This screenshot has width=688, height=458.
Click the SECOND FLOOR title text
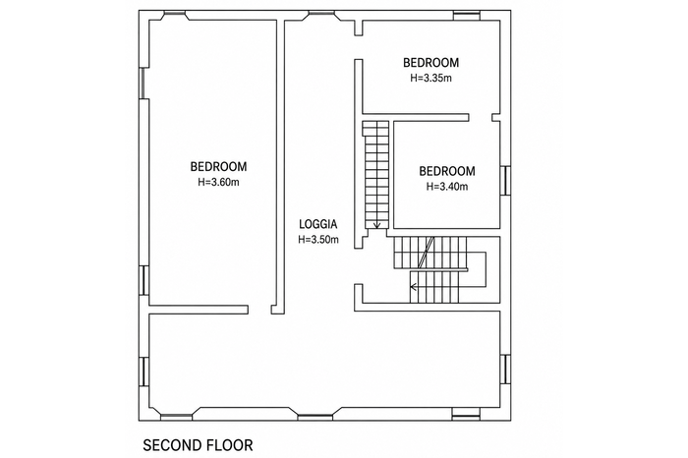[198, 445]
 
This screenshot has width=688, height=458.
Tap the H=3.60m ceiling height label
[218, 182]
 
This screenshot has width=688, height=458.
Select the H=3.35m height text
[430, 78]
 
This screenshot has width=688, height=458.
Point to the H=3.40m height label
[447, 187]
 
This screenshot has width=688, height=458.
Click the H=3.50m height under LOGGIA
[318, 240]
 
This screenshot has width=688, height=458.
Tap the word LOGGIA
[318, 224]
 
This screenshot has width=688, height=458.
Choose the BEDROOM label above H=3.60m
[218, 167]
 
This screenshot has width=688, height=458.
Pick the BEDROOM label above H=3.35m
[430, 63]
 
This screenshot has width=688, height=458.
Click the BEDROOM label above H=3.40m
[447, 171]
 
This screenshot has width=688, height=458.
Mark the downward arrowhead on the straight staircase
[376, 225]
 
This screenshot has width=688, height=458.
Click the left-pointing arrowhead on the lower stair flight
[413, 287]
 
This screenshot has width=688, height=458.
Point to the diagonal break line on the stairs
[426, 253]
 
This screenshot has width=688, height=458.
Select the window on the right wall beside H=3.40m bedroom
[505, 180]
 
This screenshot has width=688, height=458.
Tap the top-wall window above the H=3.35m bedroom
[466, 17]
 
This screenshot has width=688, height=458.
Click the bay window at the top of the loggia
[323, 17]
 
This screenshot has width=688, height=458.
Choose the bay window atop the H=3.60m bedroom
[175, 17]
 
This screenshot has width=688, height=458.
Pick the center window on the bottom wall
[315, 415]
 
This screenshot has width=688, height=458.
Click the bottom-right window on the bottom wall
[466, 415]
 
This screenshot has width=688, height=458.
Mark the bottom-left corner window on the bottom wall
[176, 415]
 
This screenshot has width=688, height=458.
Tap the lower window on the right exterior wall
[505, 369]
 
